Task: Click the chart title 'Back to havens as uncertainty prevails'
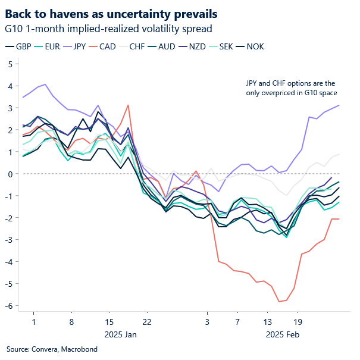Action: coord(111,13)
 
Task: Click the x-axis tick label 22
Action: coord(147,321)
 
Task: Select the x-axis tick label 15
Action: coord(109,321)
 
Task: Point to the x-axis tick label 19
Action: coord(298,321)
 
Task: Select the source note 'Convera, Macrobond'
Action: coord(45,349)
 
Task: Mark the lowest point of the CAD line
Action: coord(278,302)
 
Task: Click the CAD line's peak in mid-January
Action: coord(128,105)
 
